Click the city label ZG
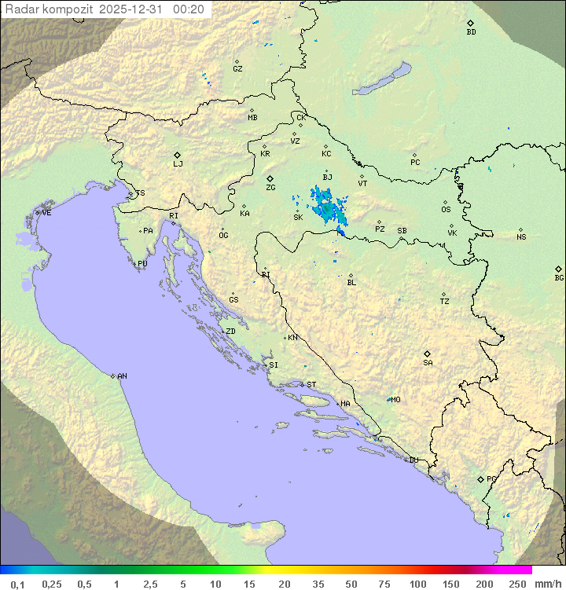270,188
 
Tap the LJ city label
178,164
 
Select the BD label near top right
471,32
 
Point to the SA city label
428,363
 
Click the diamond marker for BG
559,269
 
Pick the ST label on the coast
311,385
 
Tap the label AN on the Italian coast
122,376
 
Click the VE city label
46,213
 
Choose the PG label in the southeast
491,478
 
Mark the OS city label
446,210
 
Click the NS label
521,237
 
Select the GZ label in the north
237,69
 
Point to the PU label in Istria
142,264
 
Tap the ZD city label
230,332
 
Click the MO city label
395,400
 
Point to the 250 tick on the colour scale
516,584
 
